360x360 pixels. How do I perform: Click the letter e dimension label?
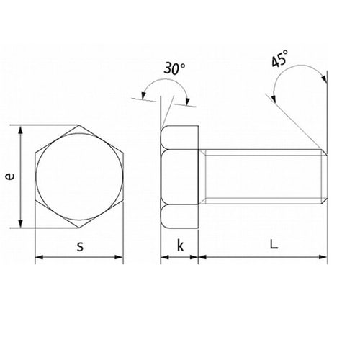pyautogui.click(x=10, y=176)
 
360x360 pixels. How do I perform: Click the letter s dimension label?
pyautogui.click(x=80, y=246)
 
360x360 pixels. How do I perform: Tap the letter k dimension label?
pyautogui.click(x=180, y=245)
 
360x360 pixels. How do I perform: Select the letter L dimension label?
pyautogui.click(x=274, y=244)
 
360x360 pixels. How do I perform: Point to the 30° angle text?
pyautogui.click(x=174, y=68)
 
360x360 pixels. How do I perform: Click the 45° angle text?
pyautogui.click(x=279, y=58)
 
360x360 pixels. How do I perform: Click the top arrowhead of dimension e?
pyautogui.click(x=21, y=130)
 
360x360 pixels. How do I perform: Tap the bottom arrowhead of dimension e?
pyautogui.click(x=21, y=223)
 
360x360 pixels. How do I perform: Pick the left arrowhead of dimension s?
pyautogui.click(x=40, y=257)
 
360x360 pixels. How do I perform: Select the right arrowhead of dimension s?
pyautogui.click(x=119, y=257)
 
